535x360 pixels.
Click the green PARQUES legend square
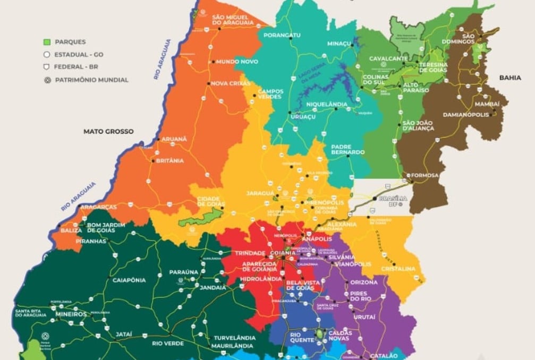coord(46,41)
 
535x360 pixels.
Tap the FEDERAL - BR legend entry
coord(75,67)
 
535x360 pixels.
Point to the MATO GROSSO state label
coord(108,131)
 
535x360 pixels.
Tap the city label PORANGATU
coord(282,36)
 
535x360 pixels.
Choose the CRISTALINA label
coord(398,269)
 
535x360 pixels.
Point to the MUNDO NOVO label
coord(237,62)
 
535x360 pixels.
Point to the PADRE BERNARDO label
coord(347,149)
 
